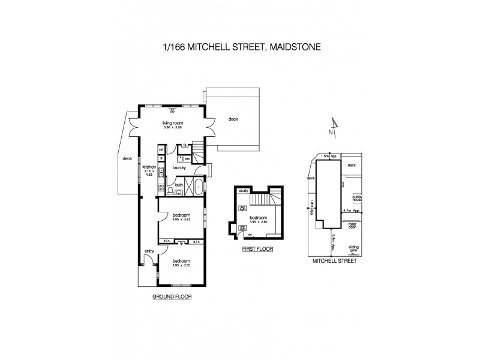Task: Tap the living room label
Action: click(x=172, y=122)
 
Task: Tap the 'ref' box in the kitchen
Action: click(x=161, y=149)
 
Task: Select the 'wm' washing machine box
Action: click(x=187, y=158)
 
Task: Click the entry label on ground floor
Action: click(x=149, y=251)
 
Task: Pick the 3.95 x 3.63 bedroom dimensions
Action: click(x=181, y=219)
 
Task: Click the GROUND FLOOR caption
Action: click(x=172, y=296)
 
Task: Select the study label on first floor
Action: click(x=243, y=191)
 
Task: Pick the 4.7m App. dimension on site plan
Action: click(x=351, y=211)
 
